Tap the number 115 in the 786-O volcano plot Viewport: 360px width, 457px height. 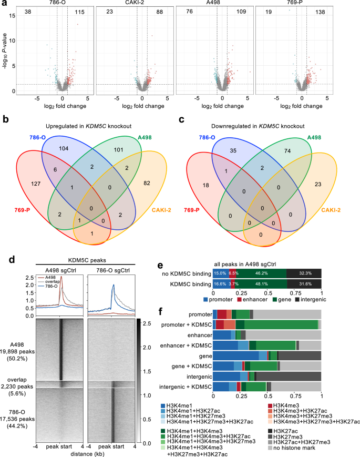(80, 11)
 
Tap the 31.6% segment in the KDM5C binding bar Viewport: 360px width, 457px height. (304, 282)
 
